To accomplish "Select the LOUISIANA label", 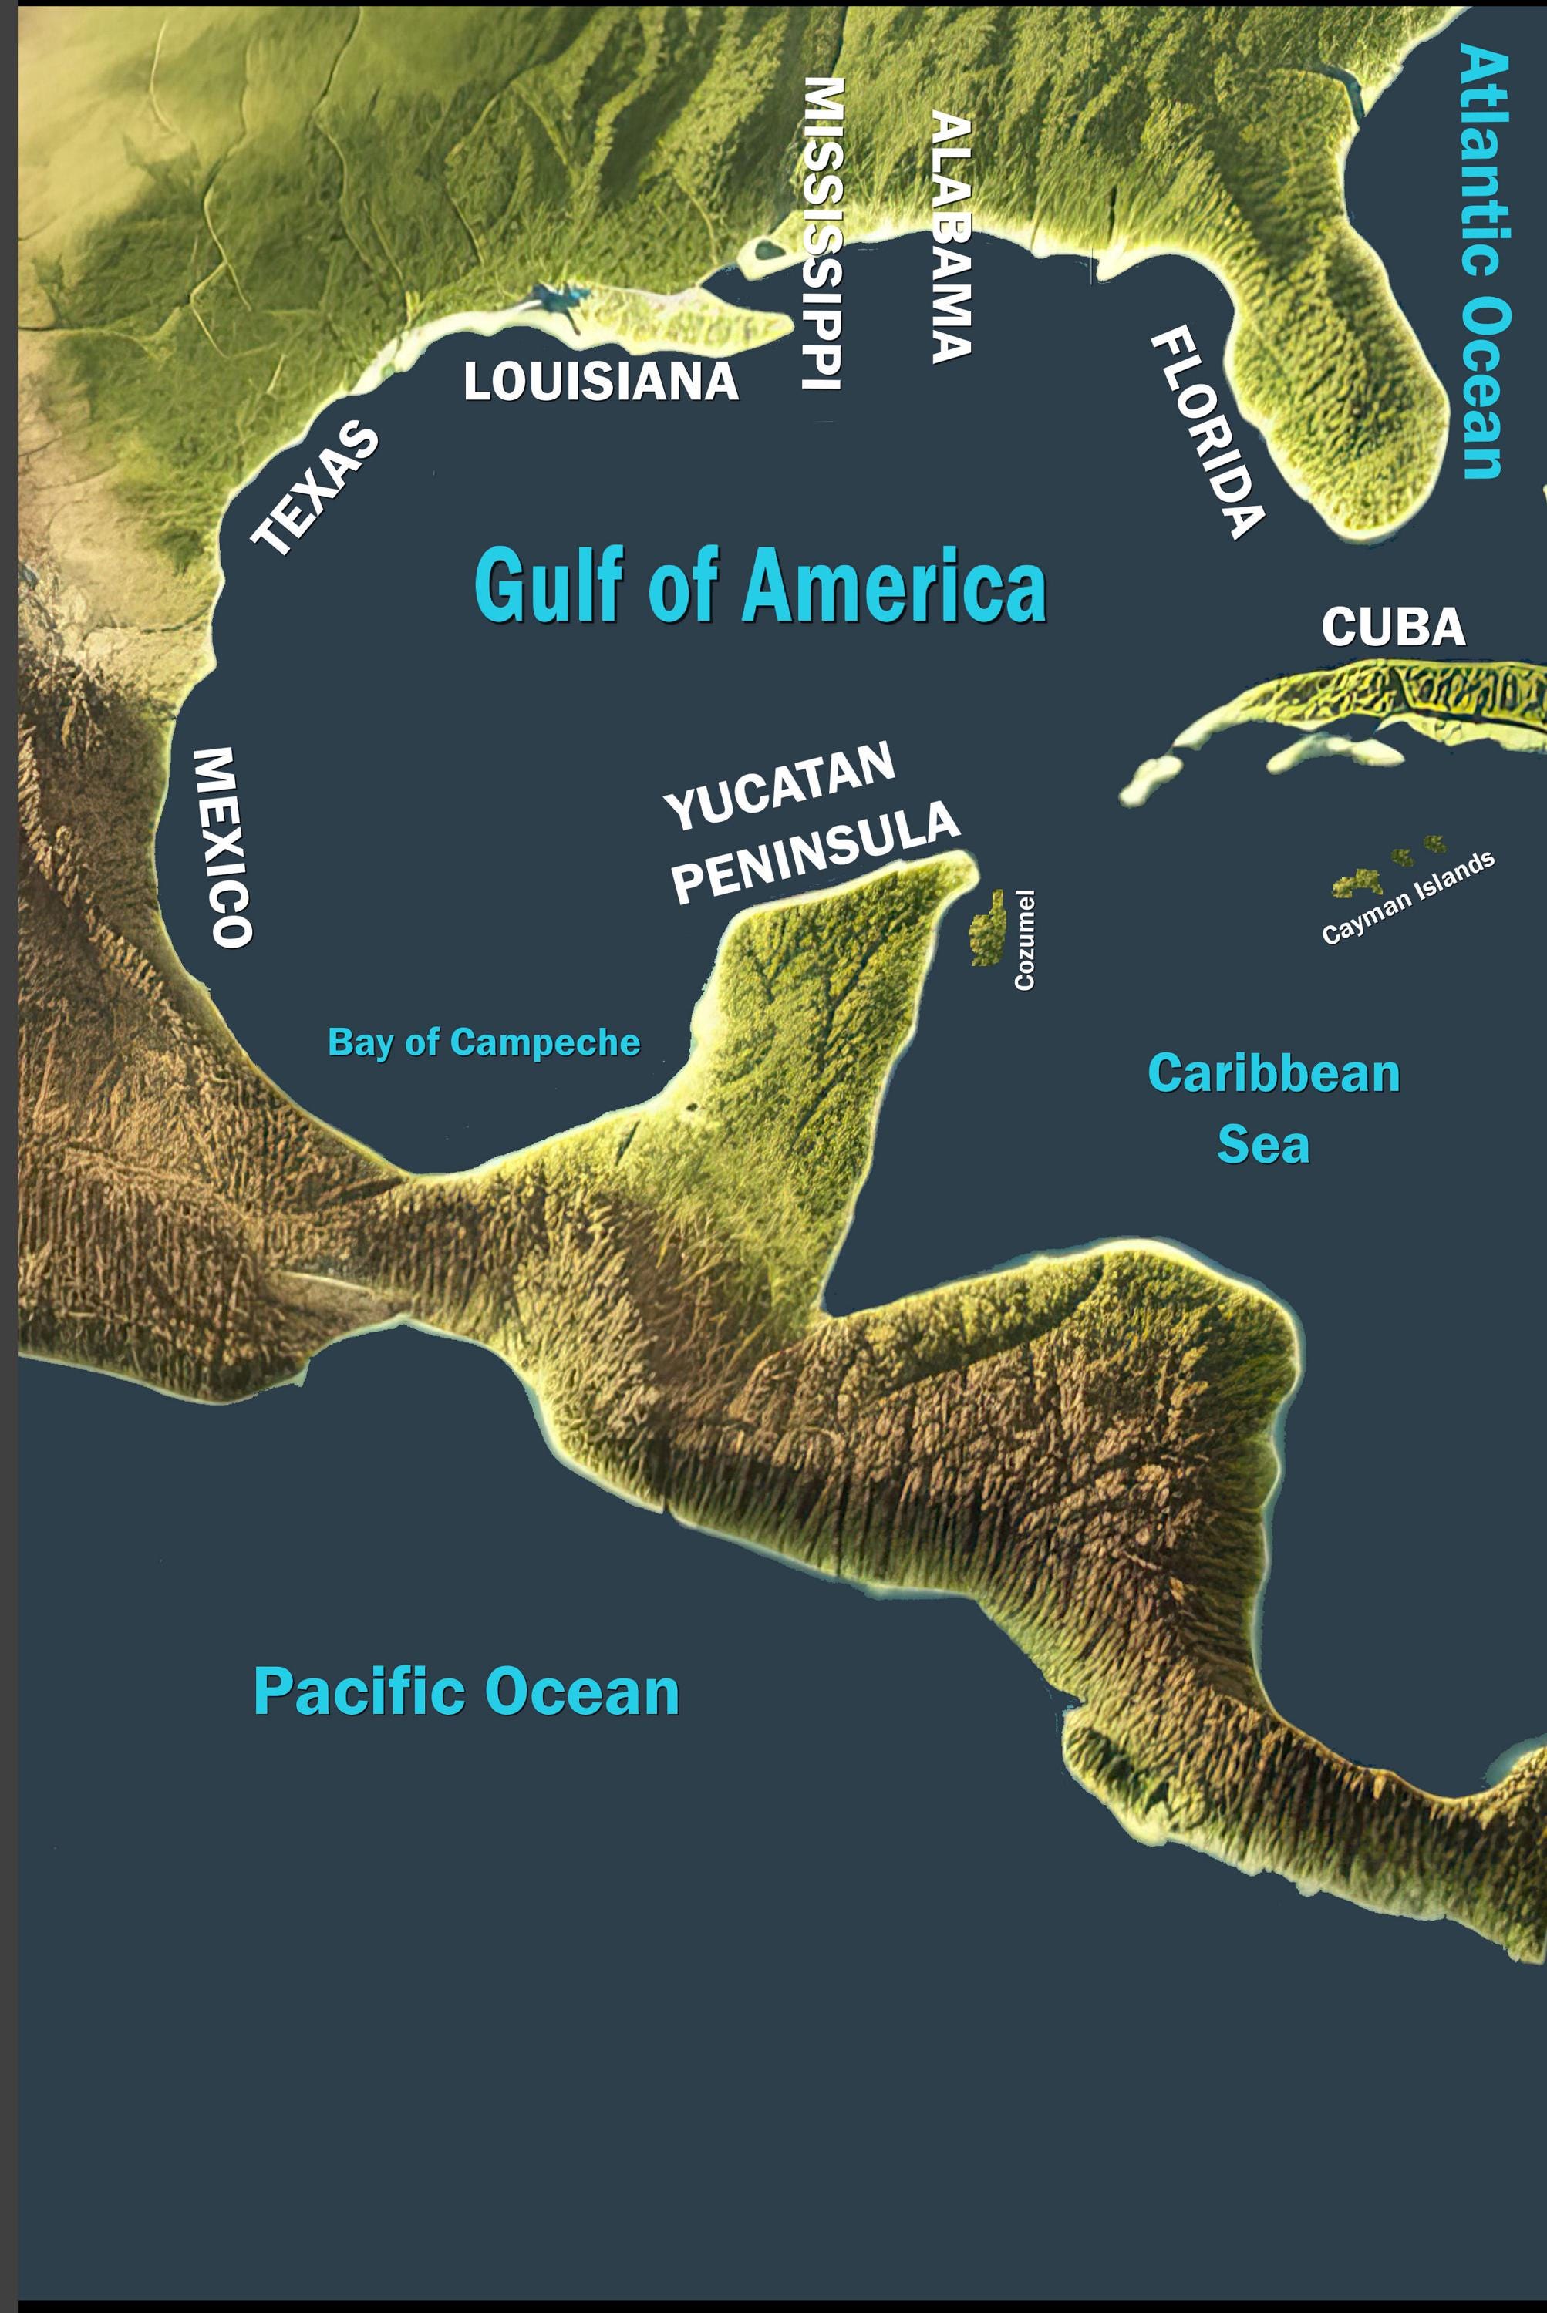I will [x=601, y=382].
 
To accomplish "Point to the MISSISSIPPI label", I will [x=822, y=234].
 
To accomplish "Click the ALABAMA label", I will [x=952, y=237].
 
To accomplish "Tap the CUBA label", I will [x=1393, y=628].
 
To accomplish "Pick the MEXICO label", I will [x=223, y=847].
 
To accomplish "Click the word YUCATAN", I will [x=780, y=786].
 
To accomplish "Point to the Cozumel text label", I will [x=1025, y=940].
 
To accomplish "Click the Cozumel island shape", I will [x=985, y=928].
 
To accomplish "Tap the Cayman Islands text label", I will [x=1408, y=897].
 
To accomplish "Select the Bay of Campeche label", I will [x=484, y=1042].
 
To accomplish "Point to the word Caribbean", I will [x=1272, y=1073].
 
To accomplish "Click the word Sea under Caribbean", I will [x=1263, y=1144].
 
